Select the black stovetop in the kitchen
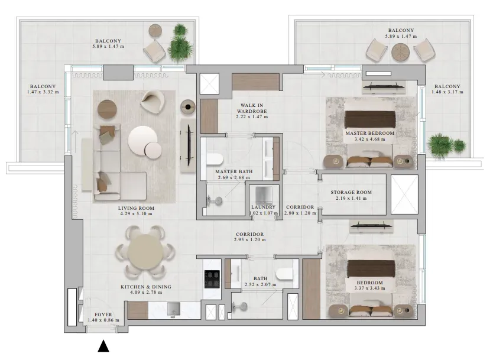pyautogui.click(x=212, y=279)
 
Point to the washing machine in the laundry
pyautogui.click(x=264, y=196)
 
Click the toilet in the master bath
pyautogui.click(x=215, y=159)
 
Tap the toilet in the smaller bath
pyautogui.click(x=284, y=274)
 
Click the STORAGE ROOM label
pyautogui.click(x=351, y=192)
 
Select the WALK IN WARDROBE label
pyautogui.click(x=252, y=108)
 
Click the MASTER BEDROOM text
pyautogui.click(x=370, y=133)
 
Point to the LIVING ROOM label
pyautogui.click(x=136, y=208)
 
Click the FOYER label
pyautogui.click(x=103, y=314)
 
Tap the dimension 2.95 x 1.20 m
pyautogui.click(x=249, y=239)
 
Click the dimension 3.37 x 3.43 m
pyautogui.click(x=369, y=288)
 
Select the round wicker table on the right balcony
pyautogui.click(x=401, y=52)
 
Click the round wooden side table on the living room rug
pyautogui.click(x=107, y=109)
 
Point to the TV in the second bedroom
pyautogui.click(x=371, y=225)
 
